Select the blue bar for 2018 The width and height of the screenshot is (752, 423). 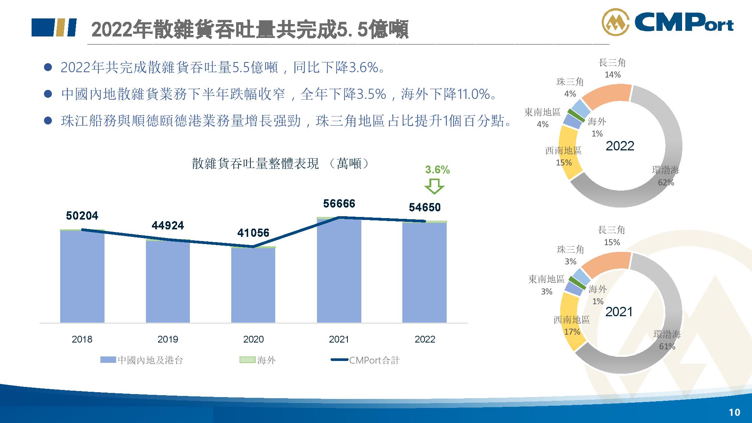click(x=82, y=276)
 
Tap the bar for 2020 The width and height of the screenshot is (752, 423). click(x=253, y=285)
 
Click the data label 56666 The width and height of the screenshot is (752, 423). click(x=339, y=204)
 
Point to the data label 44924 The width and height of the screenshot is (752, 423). click(x=168, y=226)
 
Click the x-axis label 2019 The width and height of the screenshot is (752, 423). click(x=168, y=339)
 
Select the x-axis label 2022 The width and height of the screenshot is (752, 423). click(x=425, y=339)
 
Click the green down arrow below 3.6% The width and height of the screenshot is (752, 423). click(x=434, y=186)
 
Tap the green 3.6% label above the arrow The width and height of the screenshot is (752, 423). click(x=438, y=170)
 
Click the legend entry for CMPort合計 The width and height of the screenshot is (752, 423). click(x=365, y=360)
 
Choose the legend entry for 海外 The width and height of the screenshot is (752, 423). click(x=258, y=360)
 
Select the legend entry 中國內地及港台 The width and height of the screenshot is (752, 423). click(x=142, y=360)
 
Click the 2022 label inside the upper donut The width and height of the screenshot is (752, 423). click(x=620, y=146)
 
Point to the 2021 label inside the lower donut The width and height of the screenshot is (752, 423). click(x=619, y=312)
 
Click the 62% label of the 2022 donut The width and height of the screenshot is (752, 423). click(x=666, y=183)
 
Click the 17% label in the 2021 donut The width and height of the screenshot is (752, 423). click(x=572, y=332)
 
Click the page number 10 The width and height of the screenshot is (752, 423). click(x=734, y=412)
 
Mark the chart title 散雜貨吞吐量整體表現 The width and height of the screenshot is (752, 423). click(x=255, y=164)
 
